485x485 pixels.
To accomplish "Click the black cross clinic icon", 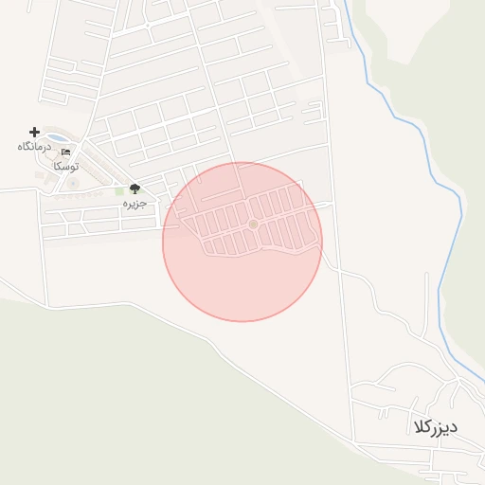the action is point(35,132).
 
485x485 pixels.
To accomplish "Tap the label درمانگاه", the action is point(32,147).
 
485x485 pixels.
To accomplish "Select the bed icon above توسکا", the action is point(66,152).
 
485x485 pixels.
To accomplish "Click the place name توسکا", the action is point(66,166).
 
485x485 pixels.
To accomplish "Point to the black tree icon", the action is point(135,189).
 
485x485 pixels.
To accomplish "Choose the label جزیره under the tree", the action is point(135,204).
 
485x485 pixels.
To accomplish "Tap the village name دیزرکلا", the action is point(435,425).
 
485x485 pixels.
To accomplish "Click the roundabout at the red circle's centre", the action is point(253,224).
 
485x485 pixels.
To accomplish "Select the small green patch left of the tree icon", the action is point(119,191).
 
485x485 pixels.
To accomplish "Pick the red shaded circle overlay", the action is point(242,284).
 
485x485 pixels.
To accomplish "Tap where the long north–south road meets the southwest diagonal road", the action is point(353,441).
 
